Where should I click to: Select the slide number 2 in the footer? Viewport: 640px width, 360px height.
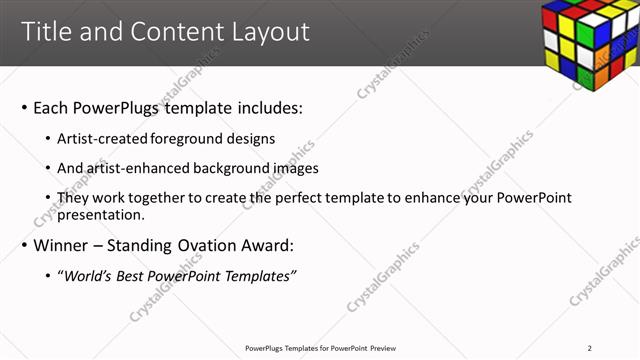tap(589, 347)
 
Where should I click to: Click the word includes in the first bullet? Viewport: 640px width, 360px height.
tap(266, 107)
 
